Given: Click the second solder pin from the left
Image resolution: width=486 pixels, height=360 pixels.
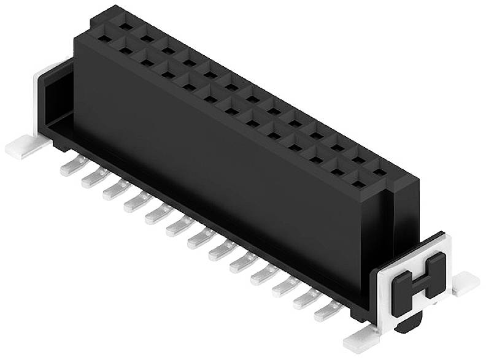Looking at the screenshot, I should pyautogui.click(x=90, y=178).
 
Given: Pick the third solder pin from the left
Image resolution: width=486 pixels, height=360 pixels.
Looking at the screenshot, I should pyautogui.click(x=112, y=191).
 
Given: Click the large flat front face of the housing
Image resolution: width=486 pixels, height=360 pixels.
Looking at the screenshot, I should pyautogui.click(x=233, y=166).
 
